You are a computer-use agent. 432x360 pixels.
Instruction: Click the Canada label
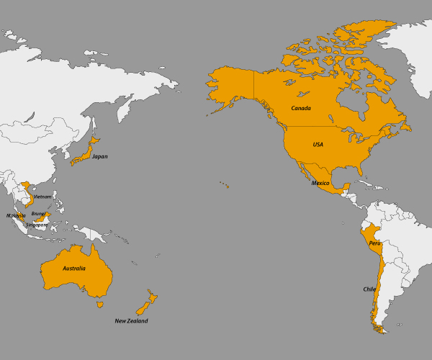(x=301, y=108)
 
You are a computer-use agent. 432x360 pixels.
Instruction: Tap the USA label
(x=318, y=145)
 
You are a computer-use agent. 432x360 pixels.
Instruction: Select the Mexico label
(x=320, y=184)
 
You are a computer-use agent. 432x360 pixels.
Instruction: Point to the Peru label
(x=374, y=243)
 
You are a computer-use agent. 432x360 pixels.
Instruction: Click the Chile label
(x=369, y=289)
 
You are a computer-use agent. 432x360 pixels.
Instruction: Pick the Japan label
(x=99, y=156)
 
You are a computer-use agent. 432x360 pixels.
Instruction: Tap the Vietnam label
(x=42, y=197)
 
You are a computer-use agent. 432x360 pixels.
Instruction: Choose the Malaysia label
(x=16, y=215)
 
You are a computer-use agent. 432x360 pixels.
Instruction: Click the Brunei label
(x=38, y=213)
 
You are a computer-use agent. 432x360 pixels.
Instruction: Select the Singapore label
(x=37, y=225)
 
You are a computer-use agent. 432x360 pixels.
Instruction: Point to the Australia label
(x=74, y=269)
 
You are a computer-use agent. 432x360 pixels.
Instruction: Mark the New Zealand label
(x=132, y=321)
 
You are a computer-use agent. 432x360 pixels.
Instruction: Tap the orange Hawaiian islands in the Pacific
(x=225, y=186)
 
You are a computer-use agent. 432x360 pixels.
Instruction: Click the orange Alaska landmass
(x=230, y=86)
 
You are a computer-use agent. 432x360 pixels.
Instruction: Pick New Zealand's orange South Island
(x=143, y=307)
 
